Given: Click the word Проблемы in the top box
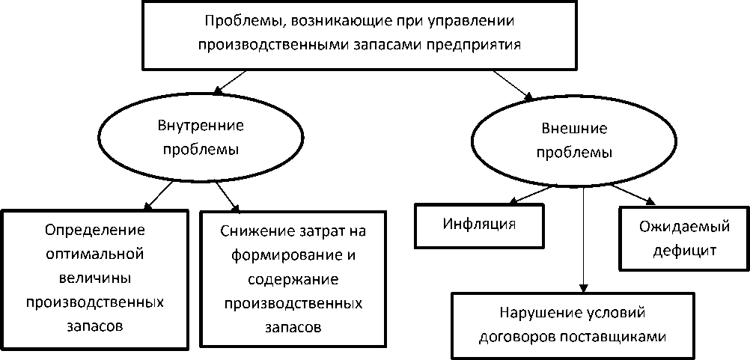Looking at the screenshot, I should tap(231, 21).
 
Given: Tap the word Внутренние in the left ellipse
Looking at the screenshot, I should tap(191, 125).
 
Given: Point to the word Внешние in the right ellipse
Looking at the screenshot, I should tap(574, 129).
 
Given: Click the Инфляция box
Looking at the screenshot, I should tap(480, 223).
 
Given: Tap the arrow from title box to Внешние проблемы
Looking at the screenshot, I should tap(514, 84).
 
